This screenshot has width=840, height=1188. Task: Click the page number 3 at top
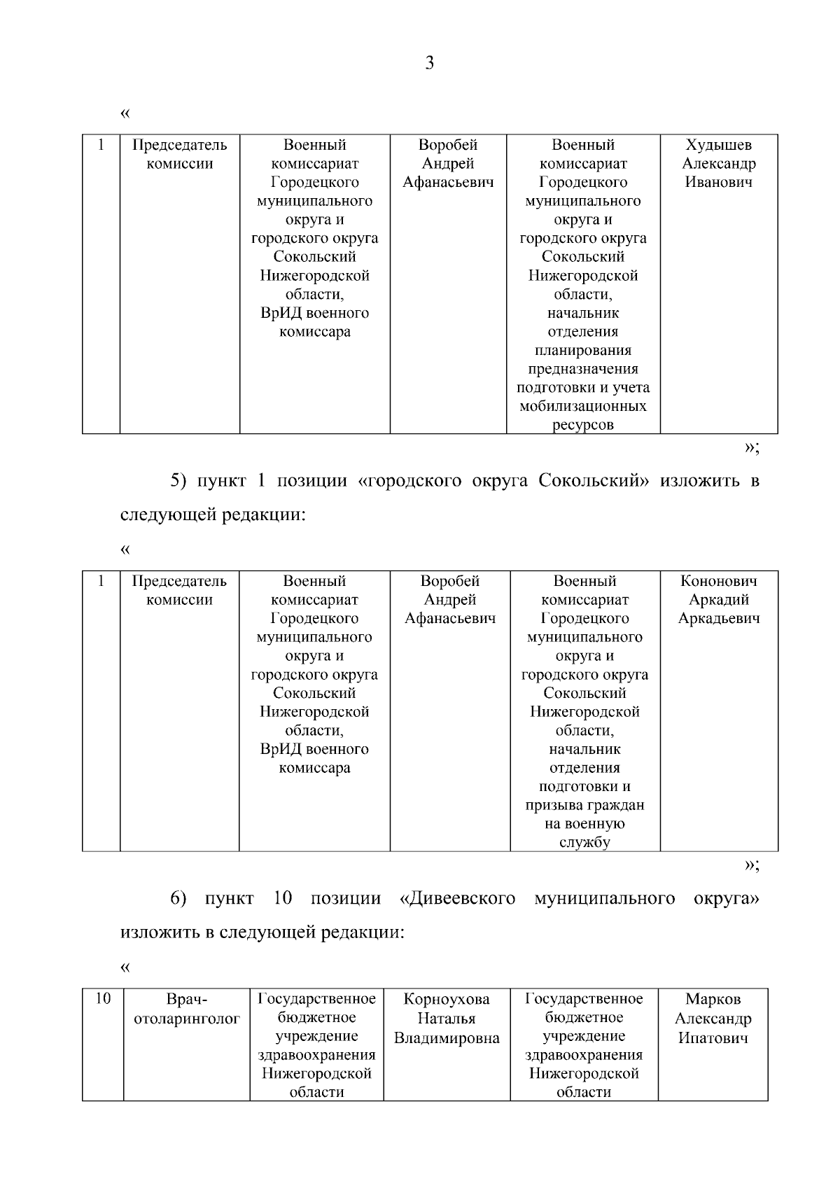pos(429,64)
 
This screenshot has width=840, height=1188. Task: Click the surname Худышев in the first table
pos(718,145)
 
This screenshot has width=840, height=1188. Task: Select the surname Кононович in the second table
pos(718,581)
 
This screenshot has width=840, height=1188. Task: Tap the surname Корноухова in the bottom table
pos(447,999)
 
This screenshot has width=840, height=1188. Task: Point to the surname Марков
pos(713,999)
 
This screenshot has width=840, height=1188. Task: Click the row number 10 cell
pos(103,999)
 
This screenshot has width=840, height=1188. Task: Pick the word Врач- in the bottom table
pos(187,999)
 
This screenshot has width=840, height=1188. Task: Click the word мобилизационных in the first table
pos(582,406)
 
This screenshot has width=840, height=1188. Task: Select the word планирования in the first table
pos(582,350)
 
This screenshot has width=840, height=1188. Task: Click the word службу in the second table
pos(584,842)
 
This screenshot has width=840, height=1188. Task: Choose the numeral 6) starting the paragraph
pos(178,898)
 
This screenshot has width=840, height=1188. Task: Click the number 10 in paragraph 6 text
pos(283,898)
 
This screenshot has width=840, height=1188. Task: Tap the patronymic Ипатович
pos(713,1037)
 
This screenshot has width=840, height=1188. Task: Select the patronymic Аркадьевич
pos(718,618)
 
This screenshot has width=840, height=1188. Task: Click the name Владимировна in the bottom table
pos(447,1037)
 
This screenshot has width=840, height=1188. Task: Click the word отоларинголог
pos(187,1019)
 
